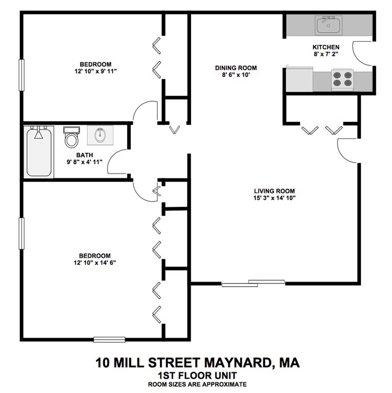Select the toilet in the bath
click(72, 137)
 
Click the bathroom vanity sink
click(99, 136)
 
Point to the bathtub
click(39, 152)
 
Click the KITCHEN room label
click(326, 47)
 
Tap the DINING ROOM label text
click(236, 68)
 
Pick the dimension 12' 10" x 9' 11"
click(96, 72)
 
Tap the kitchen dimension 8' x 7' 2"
click(326, 54)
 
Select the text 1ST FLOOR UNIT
click(197, 375)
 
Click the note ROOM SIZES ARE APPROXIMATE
click(197, 384)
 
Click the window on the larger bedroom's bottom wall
click(109, 338)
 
